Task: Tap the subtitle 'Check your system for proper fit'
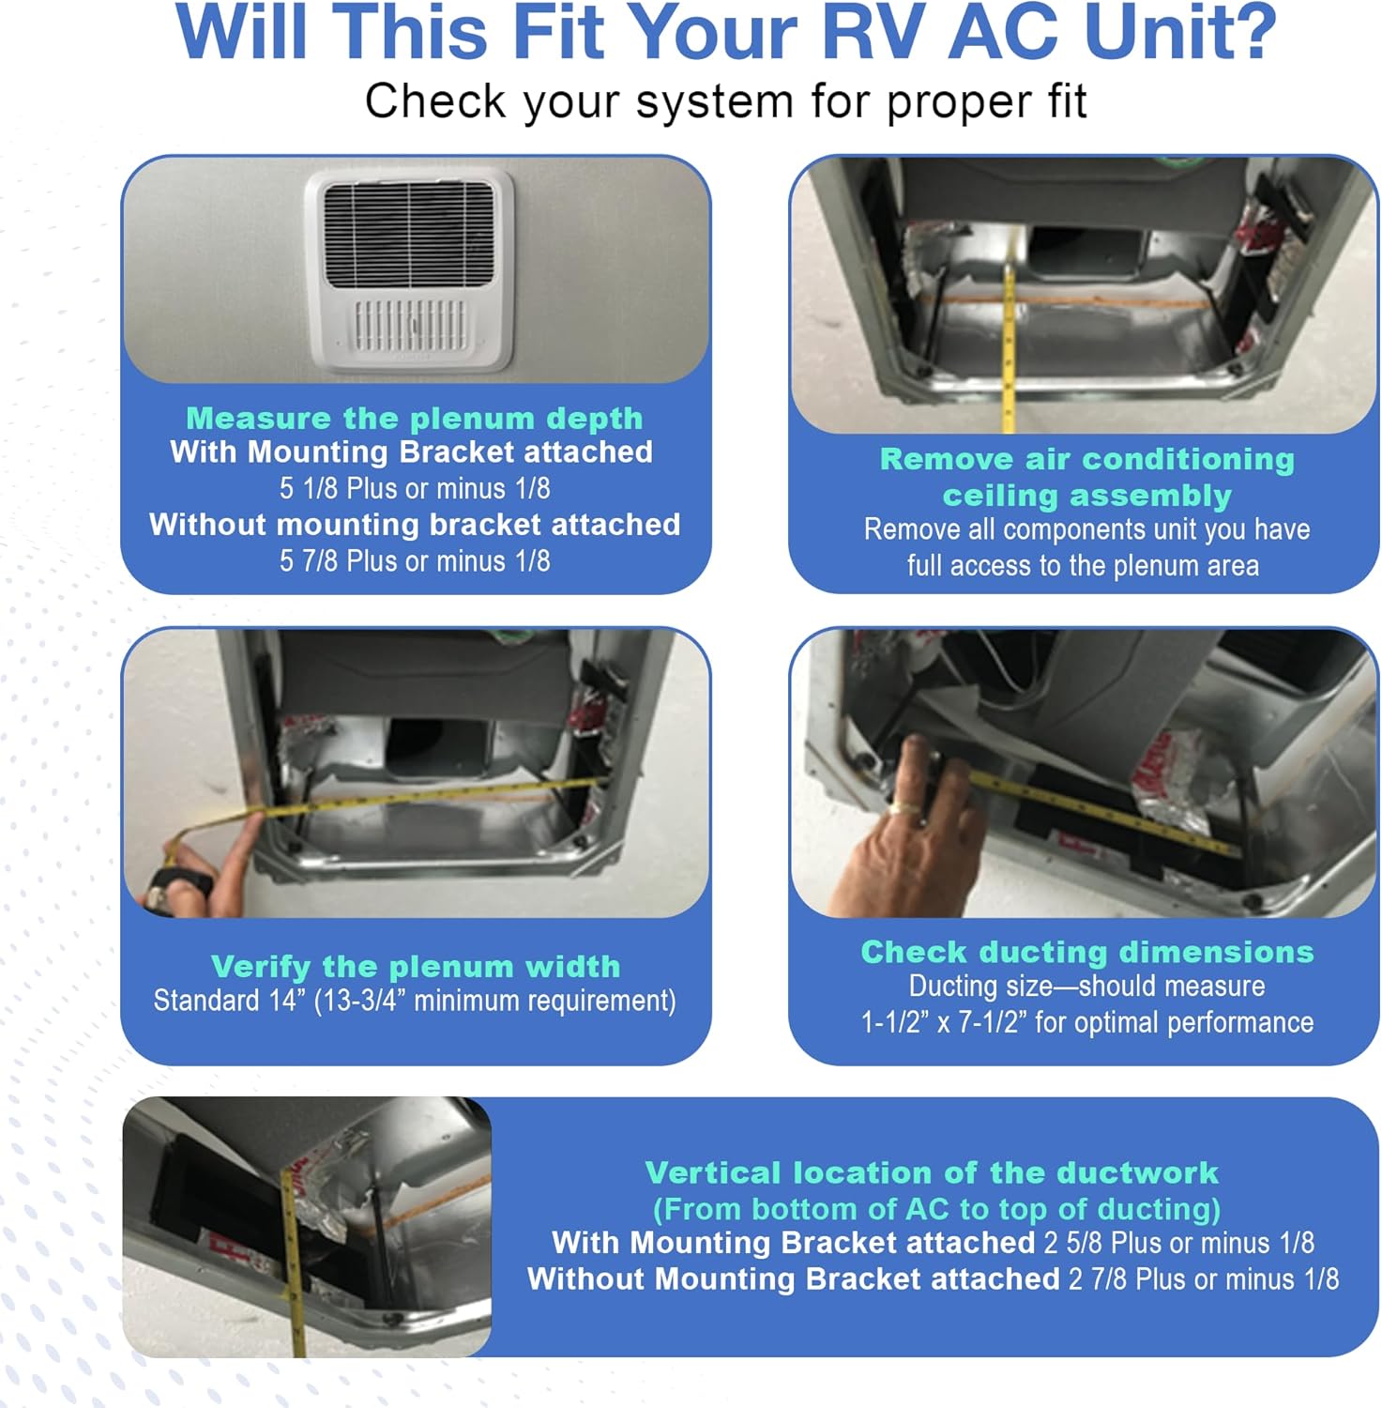click(725, 101)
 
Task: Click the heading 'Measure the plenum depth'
click(414, 418)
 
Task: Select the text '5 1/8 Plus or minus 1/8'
click(414, 488)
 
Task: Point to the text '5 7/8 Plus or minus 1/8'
click(414, 561)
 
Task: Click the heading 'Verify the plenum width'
click(415, 966)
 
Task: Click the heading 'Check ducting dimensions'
click(1086, 952)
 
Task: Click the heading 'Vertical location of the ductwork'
click(931, 1172)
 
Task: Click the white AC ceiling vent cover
click(410, 270)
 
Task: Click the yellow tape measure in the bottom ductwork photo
click(293, 1258)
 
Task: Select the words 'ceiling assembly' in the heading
click(1086, 495)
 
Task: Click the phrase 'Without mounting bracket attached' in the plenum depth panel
click(414, 524)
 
